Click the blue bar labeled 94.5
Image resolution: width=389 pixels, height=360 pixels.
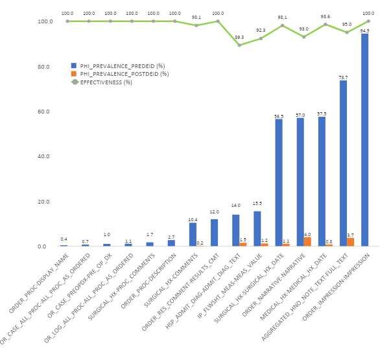point(364,139)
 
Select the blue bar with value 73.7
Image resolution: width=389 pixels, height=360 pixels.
point(343,163)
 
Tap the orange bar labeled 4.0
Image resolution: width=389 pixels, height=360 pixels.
point(307,241)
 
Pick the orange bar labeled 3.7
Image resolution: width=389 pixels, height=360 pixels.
point(350,242)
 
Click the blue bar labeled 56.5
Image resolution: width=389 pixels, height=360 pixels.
point(279,182)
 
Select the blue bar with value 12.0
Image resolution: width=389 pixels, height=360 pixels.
point(214,232)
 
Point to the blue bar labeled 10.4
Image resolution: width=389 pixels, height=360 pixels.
point(193,234)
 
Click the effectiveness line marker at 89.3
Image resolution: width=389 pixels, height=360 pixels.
point(239,45)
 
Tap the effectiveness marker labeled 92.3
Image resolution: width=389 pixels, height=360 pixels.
point(261,38)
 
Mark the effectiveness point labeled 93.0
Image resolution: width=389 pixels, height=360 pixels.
point(303,36)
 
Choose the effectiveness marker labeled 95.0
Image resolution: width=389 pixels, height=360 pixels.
point(347,32)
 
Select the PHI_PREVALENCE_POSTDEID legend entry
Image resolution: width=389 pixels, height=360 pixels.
point(120,74)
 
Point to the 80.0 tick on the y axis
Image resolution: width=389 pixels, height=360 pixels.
point(43,66)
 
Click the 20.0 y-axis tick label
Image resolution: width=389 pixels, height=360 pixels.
point(43,201)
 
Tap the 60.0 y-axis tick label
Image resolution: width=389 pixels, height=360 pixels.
point(43,112)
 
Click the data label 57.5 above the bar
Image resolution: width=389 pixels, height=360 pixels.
point(322,114)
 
